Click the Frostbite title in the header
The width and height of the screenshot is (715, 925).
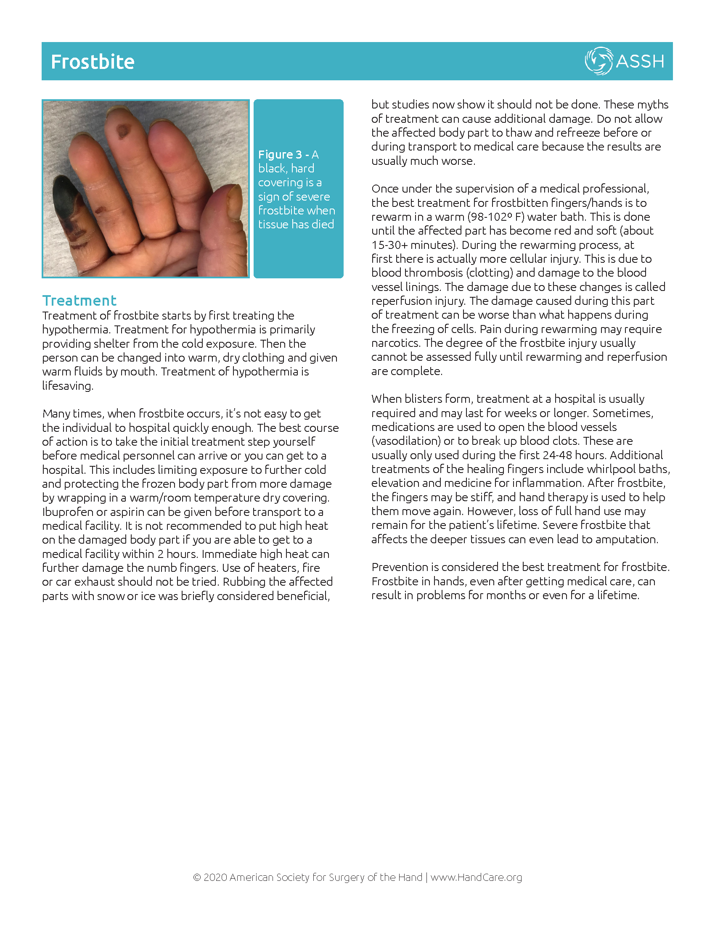93,62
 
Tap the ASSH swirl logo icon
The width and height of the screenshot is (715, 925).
598,61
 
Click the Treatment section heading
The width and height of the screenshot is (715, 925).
79,300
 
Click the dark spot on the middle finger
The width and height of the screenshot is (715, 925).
123,131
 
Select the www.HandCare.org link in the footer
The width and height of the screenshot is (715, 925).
476,877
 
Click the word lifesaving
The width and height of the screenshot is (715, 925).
67,386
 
